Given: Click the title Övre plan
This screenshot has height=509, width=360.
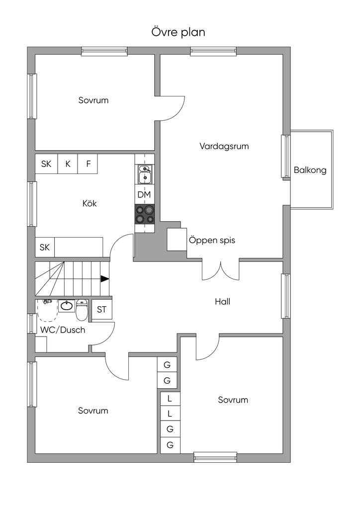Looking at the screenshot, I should (x=179, y=32).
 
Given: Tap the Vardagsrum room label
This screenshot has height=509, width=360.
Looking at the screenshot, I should (x=224, y=146).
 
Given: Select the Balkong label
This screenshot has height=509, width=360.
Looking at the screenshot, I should (x=310, y=170).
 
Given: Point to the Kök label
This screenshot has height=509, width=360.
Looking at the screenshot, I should (x=90, y=203).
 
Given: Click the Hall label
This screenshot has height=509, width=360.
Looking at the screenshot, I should (x=222, y=301).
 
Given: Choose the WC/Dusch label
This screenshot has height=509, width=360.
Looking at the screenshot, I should (x=63, y=330).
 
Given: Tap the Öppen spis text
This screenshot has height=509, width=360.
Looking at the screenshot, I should (x=212, y=241).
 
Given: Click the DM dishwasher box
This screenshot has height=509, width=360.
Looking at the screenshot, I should (x=144, y=195).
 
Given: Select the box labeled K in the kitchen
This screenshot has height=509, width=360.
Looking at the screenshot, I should (x=68, y=164).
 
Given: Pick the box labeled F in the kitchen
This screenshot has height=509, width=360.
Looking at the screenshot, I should (x=88, y=164).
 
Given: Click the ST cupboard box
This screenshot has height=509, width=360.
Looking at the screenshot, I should (x=102, y=310).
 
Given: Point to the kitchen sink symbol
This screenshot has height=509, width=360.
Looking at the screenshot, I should (x=145, y=174).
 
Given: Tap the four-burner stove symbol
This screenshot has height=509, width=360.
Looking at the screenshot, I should (x=144, y=214).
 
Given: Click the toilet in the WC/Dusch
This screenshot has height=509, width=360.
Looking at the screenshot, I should (x=82, y=310).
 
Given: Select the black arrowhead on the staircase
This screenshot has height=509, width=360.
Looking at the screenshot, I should (x=104, y=279).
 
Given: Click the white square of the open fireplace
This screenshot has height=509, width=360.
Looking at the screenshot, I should (x=176, y=239).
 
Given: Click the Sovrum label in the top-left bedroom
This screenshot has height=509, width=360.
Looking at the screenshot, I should (x=93, y=100).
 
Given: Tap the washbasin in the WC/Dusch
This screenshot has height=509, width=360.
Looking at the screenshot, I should (x=67, y=305).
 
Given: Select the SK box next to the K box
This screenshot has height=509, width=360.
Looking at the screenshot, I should (x=46, y=164).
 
